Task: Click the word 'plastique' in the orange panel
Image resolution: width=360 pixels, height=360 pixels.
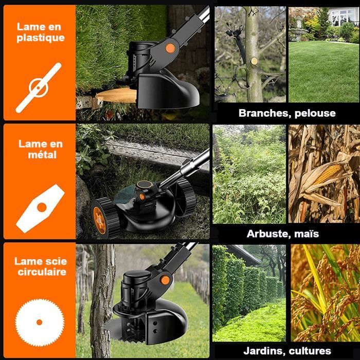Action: pos(41,38)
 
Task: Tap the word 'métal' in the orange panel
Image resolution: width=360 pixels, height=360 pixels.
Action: pos(42,155)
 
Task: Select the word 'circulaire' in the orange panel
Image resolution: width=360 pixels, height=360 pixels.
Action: pos(42,272)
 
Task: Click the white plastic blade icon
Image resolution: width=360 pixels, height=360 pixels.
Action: pos(39,88)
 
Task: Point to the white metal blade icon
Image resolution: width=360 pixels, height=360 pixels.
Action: pos(41,208)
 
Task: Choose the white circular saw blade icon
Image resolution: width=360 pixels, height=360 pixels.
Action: pos(40,322)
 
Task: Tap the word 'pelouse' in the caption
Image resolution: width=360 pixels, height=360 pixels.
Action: pos(315,114)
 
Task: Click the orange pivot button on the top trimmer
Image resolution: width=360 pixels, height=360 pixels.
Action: pos(170,48)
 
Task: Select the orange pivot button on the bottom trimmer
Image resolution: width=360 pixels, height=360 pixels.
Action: pos(165,280)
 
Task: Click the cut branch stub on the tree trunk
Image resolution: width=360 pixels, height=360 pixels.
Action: pos(254,61)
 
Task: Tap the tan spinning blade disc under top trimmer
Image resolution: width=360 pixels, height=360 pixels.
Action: pos(117,95)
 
